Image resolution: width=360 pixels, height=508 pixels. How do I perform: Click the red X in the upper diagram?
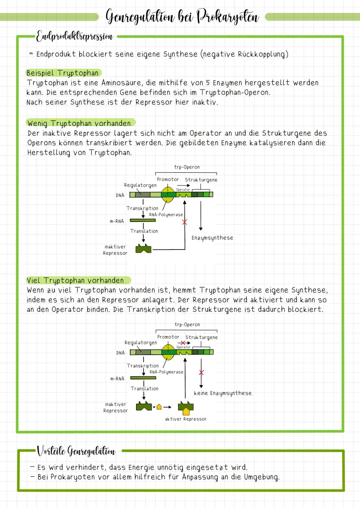coord(184,222)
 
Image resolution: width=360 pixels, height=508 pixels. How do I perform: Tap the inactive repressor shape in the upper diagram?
coord(143,249)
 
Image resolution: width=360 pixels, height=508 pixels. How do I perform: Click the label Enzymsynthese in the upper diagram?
coord(212,238)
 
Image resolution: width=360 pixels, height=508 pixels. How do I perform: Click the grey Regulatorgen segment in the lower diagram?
coord(143,352)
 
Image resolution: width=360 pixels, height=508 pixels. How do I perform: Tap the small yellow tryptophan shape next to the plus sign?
coord(159,407)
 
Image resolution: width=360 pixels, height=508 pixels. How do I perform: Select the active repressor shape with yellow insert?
coord(186,407)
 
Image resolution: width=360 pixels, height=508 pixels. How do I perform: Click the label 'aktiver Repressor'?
coord(186,419)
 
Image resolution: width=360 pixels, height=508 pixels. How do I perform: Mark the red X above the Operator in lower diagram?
coord(183,343)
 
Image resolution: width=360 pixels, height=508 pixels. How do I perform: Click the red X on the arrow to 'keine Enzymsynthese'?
coord(201,372)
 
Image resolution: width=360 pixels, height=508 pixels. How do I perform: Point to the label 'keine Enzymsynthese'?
coord(223,393)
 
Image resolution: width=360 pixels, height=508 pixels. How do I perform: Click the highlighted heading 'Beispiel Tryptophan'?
coord(63,73)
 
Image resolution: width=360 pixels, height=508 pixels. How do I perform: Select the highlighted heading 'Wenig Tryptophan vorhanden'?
coord(79,123)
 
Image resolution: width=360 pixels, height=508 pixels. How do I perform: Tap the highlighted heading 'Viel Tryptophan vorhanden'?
coord(75,280)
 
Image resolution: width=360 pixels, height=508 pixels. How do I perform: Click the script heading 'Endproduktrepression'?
coord(74,36)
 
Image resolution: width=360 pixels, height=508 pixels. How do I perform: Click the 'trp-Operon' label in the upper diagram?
coord(187,167)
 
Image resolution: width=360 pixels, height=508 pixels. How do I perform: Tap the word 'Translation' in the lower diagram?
coord(144,388)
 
